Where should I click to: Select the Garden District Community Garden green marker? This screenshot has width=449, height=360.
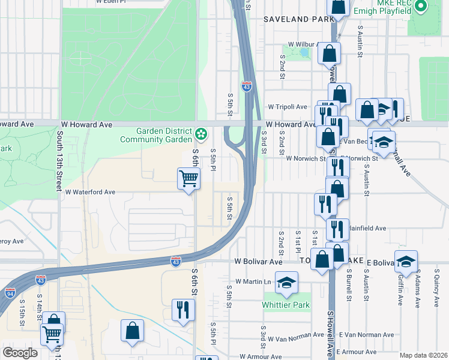tap(203, 132)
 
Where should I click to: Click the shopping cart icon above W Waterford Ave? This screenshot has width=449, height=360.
tap(188, 179)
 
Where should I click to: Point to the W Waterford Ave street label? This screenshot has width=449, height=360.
tap(90, 193)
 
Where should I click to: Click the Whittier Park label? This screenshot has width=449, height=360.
tap(286, 305)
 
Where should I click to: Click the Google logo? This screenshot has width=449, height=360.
tap(20, 353)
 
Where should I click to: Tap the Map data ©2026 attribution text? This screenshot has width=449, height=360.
tap(423, 355)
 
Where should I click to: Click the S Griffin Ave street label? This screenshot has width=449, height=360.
tap(400, 289)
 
